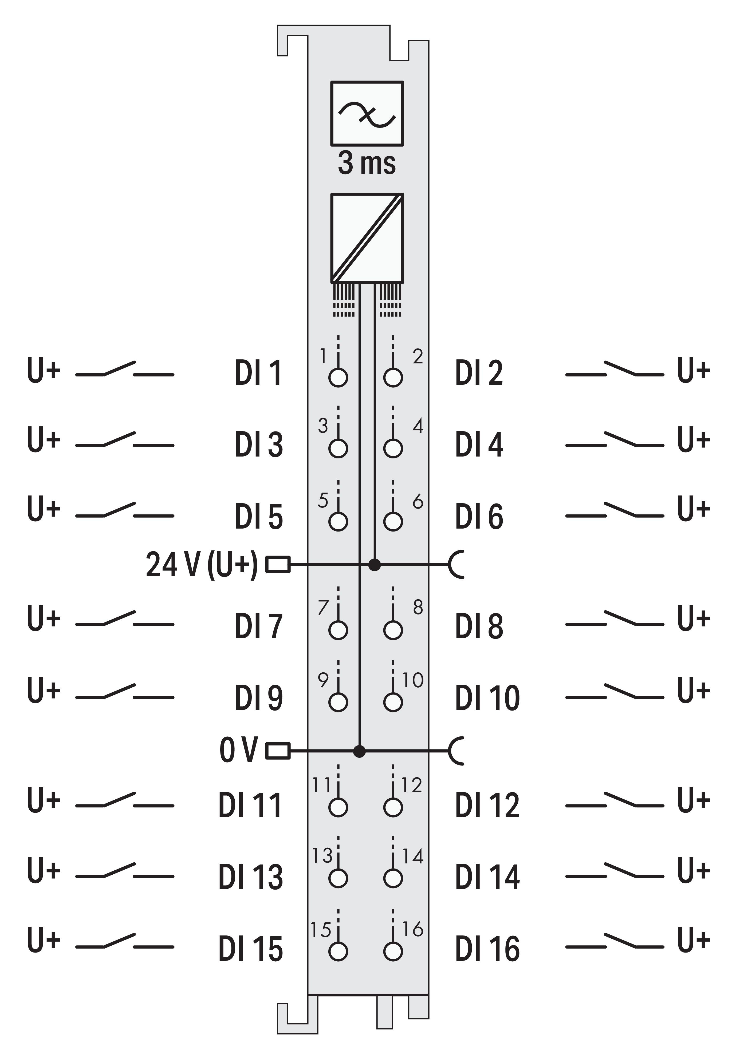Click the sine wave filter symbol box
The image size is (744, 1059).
tap(367, 113)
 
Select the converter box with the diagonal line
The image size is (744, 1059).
tap(367, 238)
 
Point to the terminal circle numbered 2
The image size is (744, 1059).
tap(393, 377)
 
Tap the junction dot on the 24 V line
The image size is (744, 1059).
tap(374, 564)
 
